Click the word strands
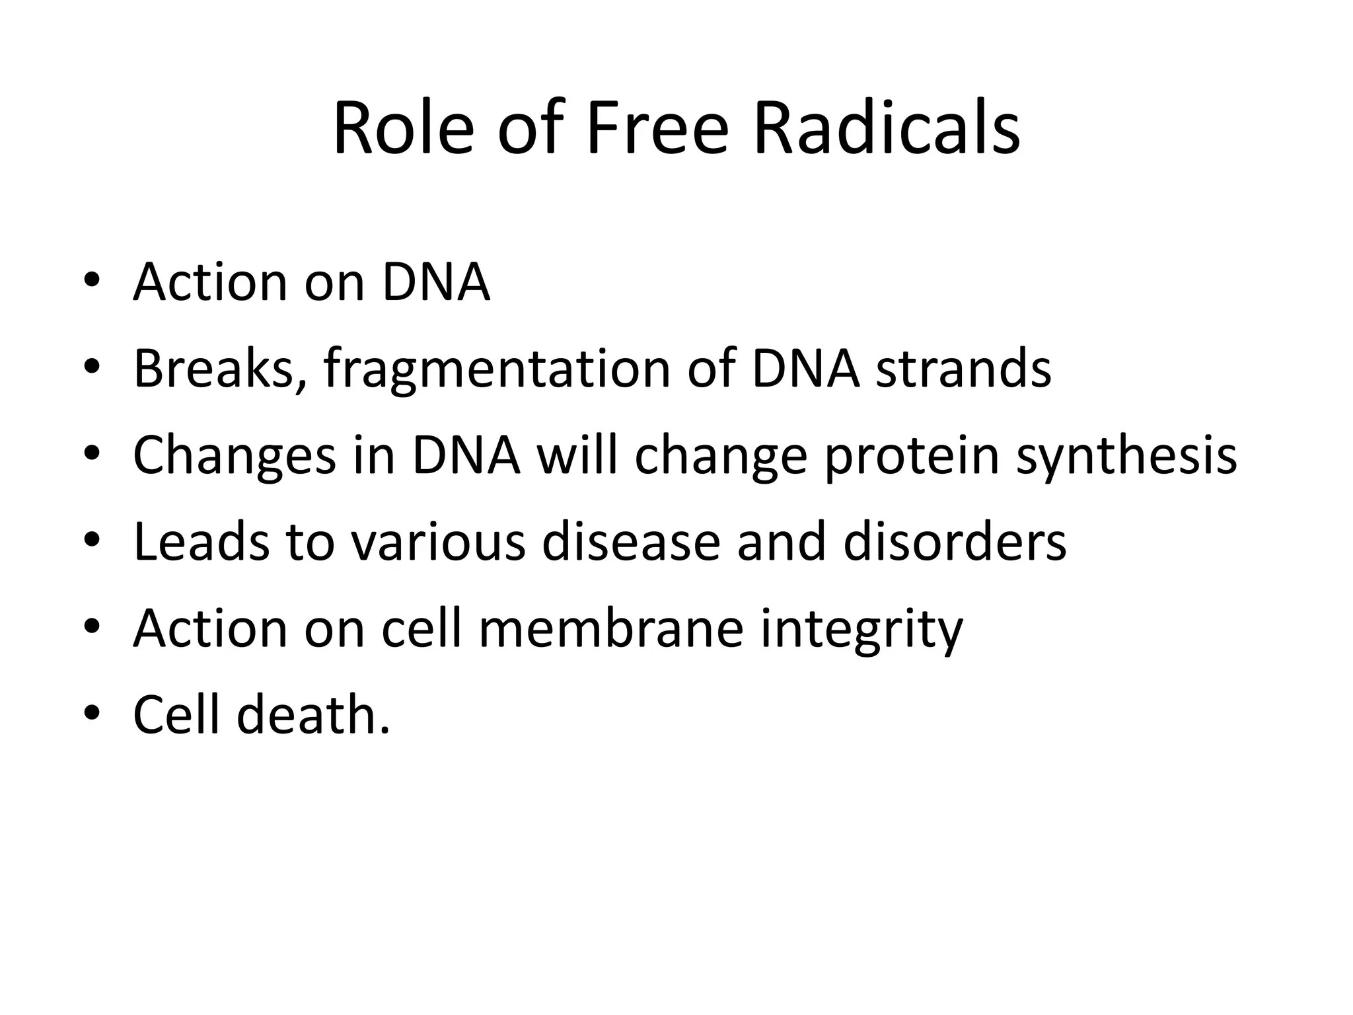[x=963, y=368]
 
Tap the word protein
[x=911, y=456]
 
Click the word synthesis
[x=1126, y=456]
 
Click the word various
[x=437, y=542]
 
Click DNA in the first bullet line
[x=435, y=282]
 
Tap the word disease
[x=630, y=542]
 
